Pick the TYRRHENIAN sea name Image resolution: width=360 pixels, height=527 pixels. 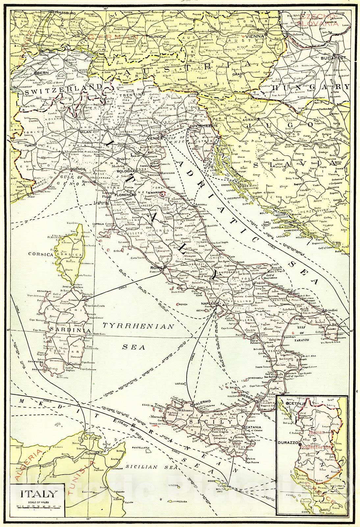point(138,326)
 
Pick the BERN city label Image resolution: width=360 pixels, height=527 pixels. point(43,72)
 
